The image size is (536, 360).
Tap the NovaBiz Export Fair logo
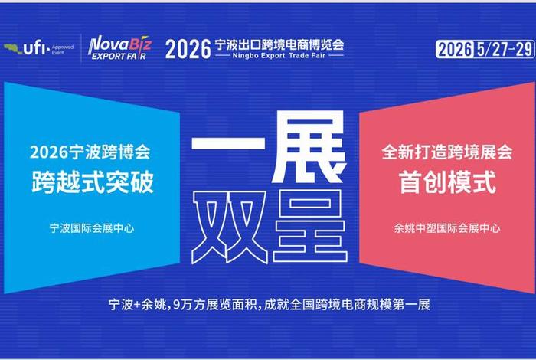coord(119,47)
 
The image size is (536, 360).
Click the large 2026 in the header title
coord(188,48)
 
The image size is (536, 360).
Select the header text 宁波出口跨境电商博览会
coord(280,44)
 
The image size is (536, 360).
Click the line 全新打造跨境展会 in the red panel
coord(447,152)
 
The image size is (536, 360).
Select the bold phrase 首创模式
coord(447,182)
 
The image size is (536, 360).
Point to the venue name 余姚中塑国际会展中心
coord(447,227)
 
